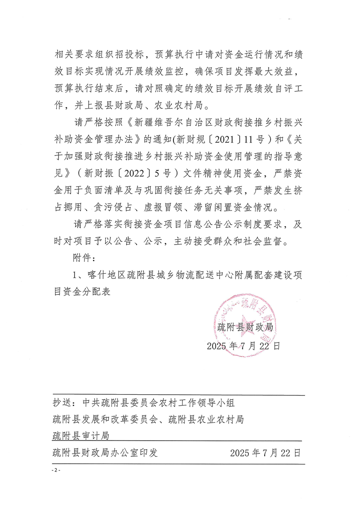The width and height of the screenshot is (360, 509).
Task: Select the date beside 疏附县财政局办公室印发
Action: pos(266,453)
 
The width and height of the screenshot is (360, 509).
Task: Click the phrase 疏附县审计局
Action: pos(81,436)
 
